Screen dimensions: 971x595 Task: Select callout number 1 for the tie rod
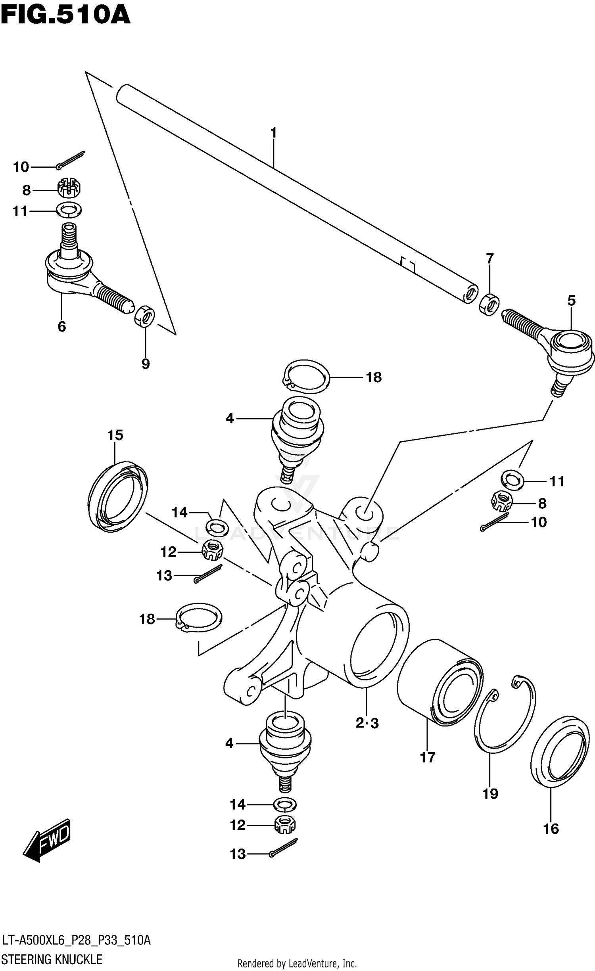coord(273,132)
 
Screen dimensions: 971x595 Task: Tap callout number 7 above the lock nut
coord(489,259)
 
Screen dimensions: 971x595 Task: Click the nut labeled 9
coord(145,316)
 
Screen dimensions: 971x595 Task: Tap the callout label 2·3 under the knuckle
coord(367,723)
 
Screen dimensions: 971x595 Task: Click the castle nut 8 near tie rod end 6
coord(69,188)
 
